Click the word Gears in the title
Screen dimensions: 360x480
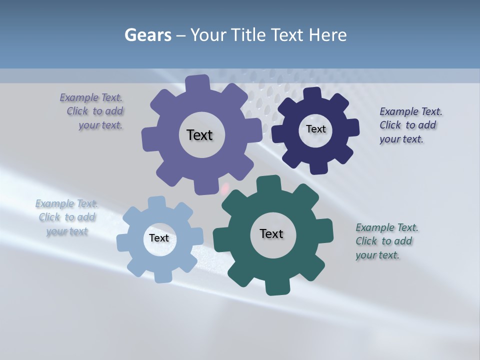pos(147,35)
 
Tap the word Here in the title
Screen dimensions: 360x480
pos(328,35)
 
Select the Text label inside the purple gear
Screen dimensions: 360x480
pos(199,135)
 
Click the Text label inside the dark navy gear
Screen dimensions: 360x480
pos(315,129)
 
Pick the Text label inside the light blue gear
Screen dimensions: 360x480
pos(159,238)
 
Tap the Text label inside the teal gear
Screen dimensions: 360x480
pos(271,233)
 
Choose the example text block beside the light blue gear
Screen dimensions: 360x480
pos(66,217)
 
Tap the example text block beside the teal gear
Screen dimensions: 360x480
pos(385,241)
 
